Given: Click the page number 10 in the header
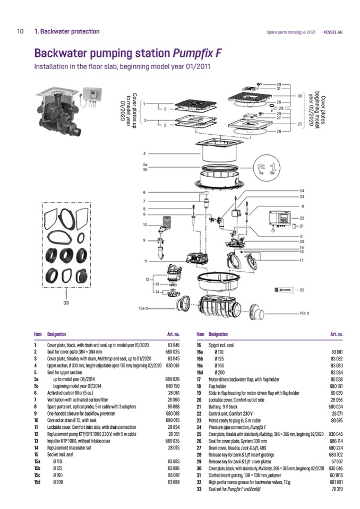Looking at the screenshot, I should (20, 32).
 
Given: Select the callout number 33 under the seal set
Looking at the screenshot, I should (66, 303).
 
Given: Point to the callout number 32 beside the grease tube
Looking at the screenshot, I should (302, 290).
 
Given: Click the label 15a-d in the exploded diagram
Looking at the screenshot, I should (143, 307).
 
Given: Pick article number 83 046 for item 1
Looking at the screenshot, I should (174, 345).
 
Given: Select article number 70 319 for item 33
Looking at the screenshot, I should (336, 488).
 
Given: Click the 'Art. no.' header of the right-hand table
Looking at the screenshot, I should (336, 334).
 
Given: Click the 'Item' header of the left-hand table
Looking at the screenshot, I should (38, 334).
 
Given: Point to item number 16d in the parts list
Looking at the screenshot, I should (200, 373).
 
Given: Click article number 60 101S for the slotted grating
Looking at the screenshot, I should (335, 475).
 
